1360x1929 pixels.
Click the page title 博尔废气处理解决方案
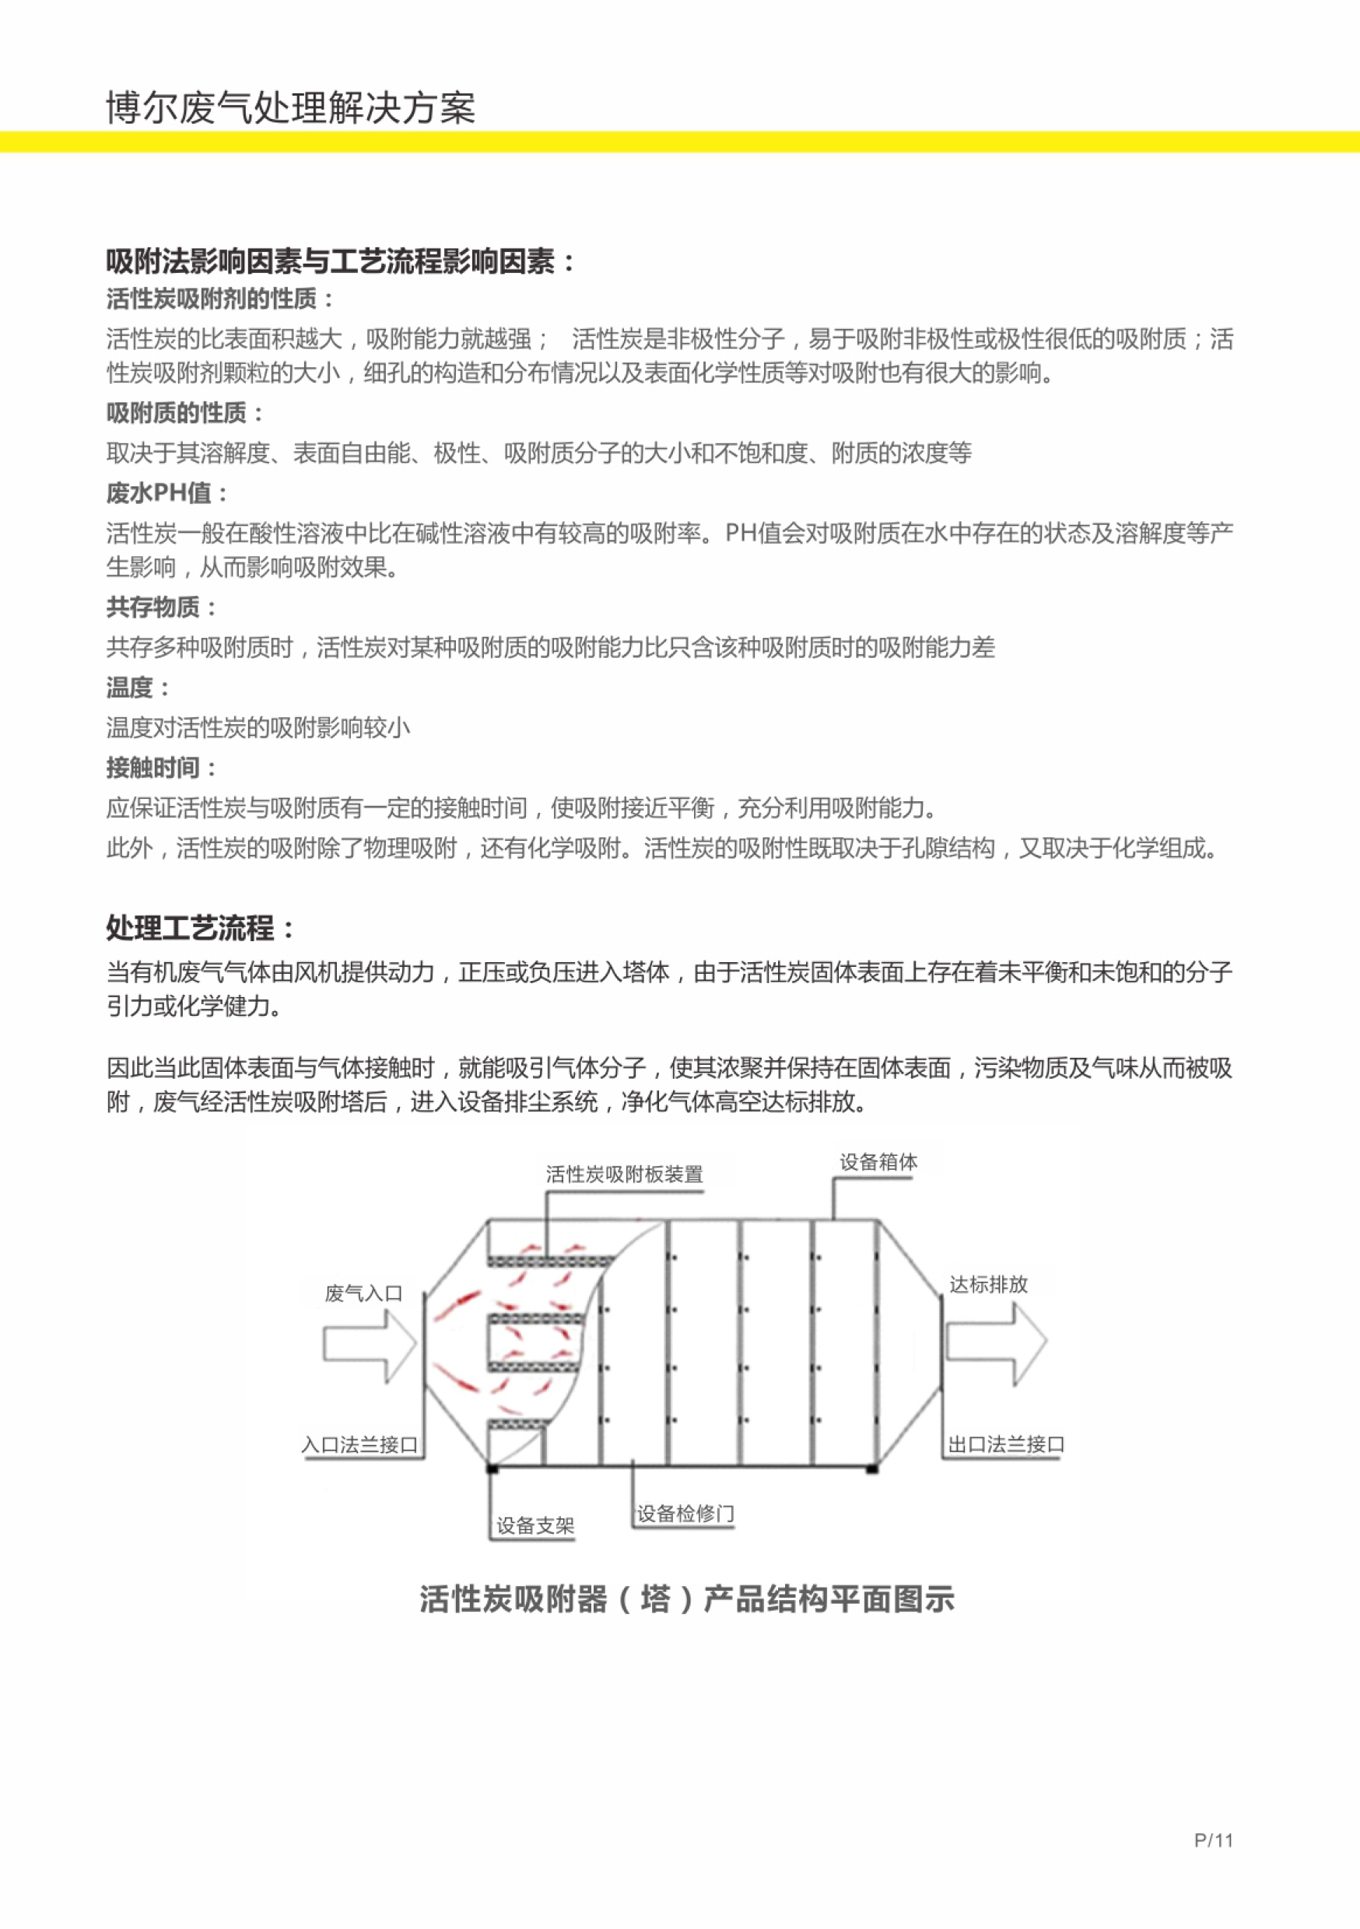291,108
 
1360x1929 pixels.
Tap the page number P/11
1213,1840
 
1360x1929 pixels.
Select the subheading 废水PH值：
167,493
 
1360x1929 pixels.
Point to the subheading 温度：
138,688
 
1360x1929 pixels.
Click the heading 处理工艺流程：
202,929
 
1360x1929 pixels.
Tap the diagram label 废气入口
363,1293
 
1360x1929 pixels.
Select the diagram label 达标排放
988,1283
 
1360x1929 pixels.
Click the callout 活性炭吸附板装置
625,1174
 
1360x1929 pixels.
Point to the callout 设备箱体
878,1162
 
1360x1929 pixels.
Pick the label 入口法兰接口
359,1445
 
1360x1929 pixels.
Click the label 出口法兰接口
1007,1444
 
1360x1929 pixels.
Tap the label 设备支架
535,1526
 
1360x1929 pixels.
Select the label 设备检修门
685,1514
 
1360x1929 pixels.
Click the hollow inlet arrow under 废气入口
370,1345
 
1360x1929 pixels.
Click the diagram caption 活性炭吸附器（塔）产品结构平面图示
687,1599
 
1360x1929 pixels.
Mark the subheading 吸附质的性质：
185,412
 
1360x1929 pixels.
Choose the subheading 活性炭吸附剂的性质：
219,298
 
